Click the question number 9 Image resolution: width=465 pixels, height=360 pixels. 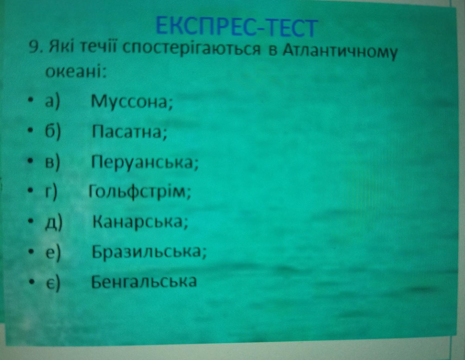(x=35, y=49)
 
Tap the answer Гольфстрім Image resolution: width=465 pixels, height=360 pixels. (x=140, y=193)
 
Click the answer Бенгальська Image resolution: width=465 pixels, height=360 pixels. (x=144, y=282)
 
